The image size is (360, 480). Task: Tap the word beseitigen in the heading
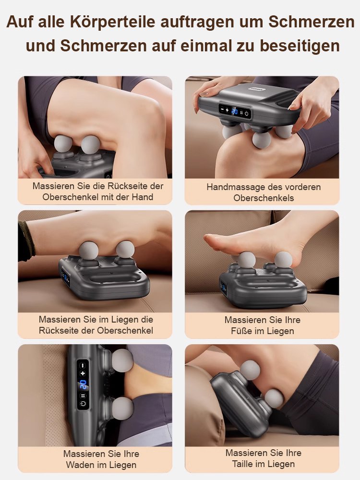[x=300, y=46]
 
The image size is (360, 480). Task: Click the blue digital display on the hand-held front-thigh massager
[x=235, y=111]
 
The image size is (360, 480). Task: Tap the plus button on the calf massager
[x=83, y=373]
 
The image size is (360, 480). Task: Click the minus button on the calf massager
[x=83, y=365]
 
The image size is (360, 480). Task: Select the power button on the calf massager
[x=83, y=404]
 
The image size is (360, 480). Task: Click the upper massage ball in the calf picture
[x=122, y=360]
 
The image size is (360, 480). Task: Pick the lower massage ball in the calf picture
[x=123, y=408]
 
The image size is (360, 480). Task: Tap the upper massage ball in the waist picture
[x=250, y=370]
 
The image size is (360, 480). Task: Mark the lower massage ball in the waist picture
[x=274, y=398]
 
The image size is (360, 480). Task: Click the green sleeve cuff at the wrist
[x=26, y=240]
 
